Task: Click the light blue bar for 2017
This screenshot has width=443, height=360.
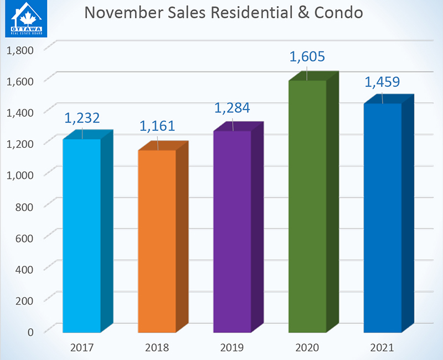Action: point(81,235)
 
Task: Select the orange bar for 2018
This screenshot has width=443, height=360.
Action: point(157,241)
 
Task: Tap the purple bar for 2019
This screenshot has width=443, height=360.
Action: point(232,232)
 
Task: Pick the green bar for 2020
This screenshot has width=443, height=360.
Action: point(307,206)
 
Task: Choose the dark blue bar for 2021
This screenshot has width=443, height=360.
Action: point(383,218)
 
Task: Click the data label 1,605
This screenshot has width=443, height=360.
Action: point(307,57)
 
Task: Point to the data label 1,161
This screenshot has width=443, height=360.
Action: point(157,126)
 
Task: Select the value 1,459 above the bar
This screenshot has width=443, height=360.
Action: point(383,83)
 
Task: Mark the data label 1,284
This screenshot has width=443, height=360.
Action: point(232,107)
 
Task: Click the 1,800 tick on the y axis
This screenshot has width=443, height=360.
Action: point(20,50)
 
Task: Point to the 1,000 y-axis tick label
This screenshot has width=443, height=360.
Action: point(20,175)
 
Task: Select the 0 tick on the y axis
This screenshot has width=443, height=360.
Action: point(30,331)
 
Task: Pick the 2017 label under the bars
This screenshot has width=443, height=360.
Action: point(81,348)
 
